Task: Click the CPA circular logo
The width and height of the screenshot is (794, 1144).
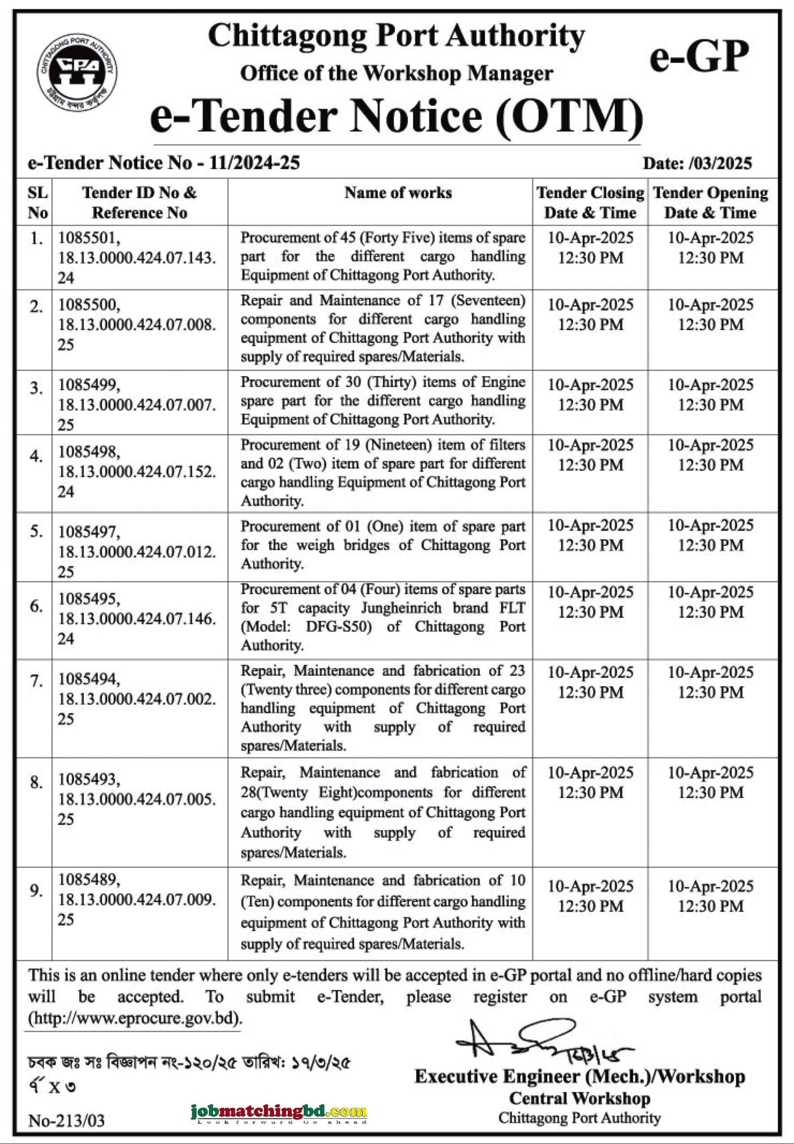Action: [x=77, y=72]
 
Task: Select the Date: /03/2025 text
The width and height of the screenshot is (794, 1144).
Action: [x=697, y=163]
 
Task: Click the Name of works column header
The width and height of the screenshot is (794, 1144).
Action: [x=398, y=193]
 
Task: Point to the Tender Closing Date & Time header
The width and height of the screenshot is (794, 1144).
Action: [x=590, y=202]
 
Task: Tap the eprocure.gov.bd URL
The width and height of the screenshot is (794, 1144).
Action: [x=135, y=1018]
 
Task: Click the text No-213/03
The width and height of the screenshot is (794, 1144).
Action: [x=66, y=1121]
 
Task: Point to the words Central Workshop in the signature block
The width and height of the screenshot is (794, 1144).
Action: [x=579, y=1098]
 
